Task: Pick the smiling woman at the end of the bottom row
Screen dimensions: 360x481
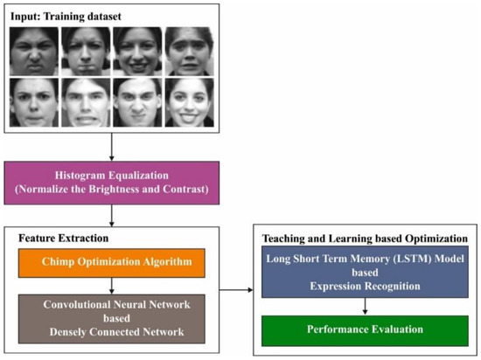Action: coord(190,103)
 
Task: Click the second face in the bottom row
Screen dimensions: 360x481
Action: coord(86,103)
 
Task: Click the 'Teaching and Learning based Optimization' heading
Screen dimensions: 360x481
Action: coord(365,237)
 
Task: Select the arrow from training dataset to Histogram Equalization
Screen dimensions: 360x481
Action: coord(112,147)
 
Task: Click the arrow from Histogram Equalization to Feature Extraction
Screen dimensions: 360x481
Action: coord(112,216)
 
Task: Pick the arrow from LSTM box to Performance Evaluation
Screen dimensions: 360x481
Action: coord(365,307)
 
